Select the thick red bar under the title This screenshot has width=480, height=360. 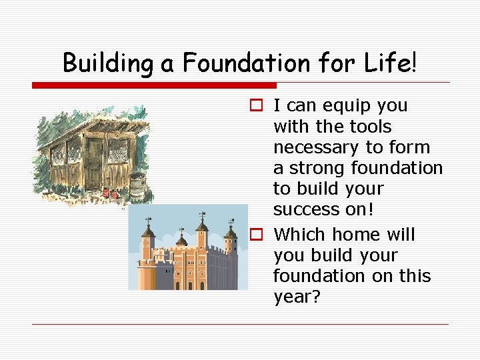point(154,85)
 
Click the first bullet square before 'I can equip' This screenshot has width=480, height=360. point(255,106)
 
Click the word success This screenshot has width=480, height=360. point(306,209)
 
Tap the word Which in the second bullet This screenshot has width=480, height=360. point(300,235)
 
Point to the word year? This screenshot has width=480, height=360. point(297,297)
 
